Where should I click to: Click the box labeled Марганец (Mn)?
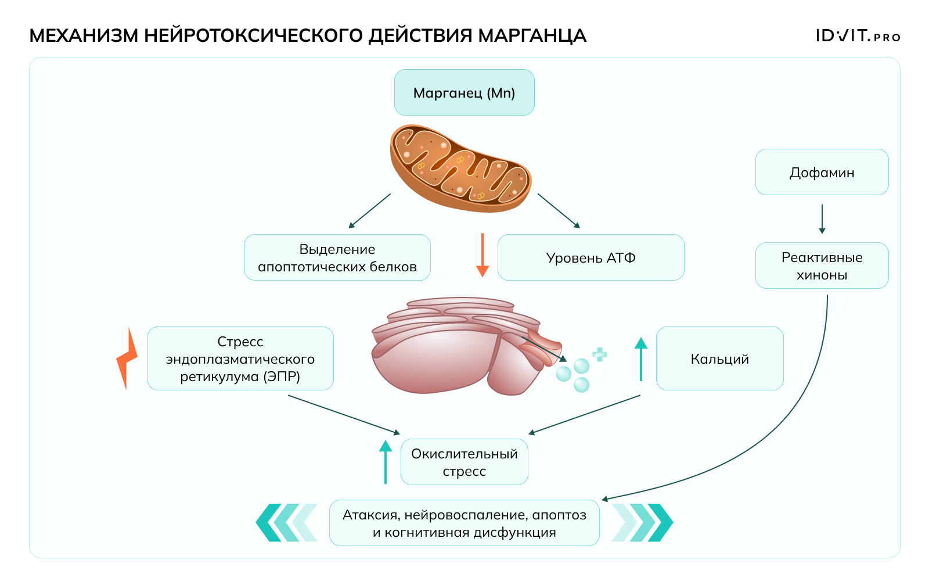(x=464, y=93)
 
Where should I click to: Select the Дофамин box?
(x=822, y=173)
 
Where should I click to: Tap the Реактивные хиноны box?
(x=822, y=266)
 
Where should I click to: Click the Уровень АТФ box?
(x=590, y=257)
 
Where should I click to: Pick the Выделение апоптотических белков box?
(x=337, y=257)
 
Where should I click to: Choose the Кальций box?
(x=719, y=358)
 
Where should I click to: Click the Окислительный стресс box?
(x=464, y=462)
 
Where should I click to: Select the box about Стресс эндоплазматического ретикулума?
(x=240, y=358)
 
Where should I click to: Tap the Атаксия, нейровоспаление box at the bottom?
(x=464, y=523)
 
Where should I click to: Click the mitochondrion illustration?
(x=460, y=168)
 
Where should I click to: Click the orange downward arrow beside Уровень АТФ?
(x=482, y=256)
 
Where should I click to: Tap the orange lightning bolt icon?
(x=127, y=358)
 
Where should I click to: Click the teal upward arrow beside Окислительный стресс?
(x=386, y=462)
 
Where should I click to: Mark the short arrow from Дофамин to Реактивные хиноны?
(x=822, y=218)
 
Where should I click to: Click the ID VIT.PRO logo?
(x=858, y=36)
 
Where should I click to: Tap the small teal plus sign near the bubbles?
(x=600, y=354)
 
